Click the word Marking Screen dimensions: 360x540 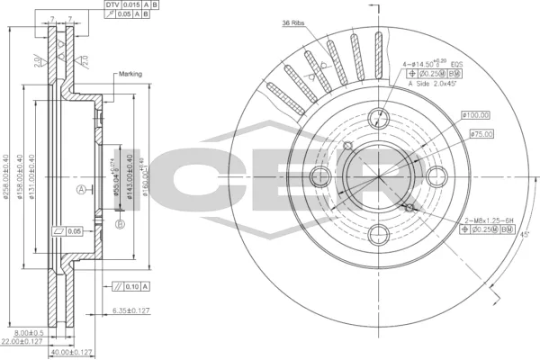click(129, 75)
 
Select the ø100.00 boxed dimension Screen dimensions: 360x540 click(474, 114)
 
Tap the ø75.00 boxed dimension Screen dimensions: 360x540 click(481, 134)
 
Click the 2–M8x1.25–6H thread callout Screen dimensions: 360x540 click(489, 220)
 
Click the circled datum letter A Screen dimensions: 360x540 click(81, 190)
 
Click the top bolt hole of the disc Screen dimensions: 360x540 click(379, 115)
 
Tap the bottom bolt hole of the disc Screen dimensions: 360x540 click(379, 235)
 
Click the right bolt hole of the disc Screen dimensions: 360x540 click(438, 175)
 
